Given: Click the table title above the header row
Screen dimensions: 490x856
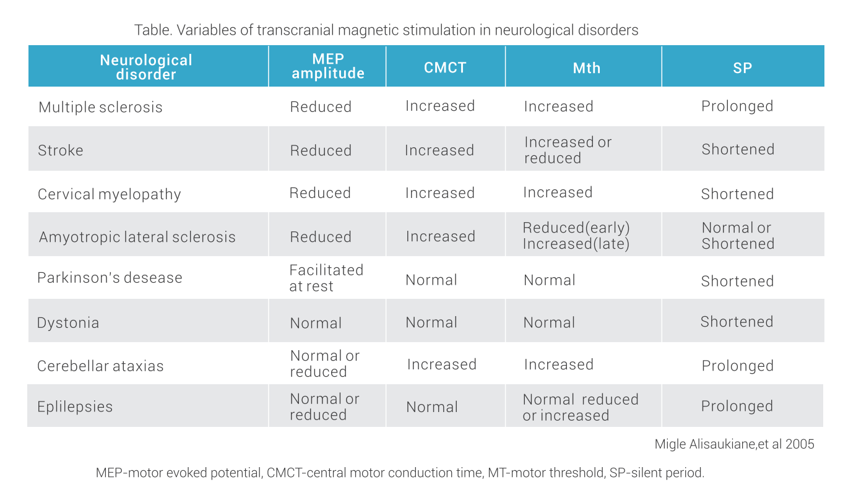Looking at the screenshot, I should pos(386,30).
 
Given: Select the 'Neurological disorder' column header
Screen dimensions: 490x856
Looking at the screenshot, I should pos(147,67).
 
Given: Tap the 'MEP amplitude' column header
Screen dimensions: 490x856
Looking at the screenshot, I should pos(327,66).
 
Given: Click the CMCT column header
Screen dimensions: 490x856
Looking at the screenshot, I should pos(445,67).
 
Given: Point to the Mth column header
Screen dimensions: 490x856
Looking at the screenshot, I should pos(586,67).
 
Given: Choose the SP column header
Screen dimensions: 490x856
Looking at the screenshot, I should pos(742,67).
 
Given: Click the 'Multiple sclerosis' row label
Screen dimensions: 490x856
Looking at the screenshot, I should pos(100,107).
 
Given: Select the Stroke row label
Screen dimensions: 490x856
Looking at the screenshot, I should pos(61,150).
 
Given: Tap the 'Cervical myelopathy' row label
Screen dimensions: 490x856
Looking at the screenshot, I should pos(110,194).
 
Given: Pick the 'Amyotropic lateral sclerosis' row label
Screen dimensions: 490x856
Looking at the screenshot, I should pos(137,237).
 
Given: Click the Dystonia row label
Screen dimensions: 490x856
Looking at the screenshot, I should pos(68,323).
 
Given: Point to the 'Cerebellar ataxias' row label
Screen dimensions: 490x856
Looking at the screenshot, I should pos(100,366).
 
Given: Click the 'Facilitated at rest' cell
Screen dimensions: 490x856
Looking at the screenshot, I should pos(326,278).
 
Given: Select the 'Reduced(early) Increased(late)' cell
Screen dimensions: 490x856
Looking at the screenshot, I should pos(576,236).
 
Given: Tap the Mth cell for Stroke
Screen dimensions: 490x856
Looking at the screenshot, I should pos(568,150).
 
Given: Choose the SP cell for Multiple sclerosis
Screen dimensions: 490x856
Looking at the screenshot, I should pos(737,106).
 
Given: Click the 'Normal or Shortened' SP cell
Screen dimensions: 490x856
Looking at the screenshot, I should pos(737,236).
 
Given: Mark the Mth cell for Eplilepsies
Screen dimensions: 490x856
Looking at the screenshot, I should pos(580,407).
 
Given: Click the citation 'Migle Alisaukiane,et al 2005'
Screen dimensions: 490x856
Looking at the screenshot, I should pos(734,444).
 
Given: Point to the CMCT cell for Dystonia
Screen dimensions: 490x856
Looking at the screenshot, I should pos(431,322).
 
